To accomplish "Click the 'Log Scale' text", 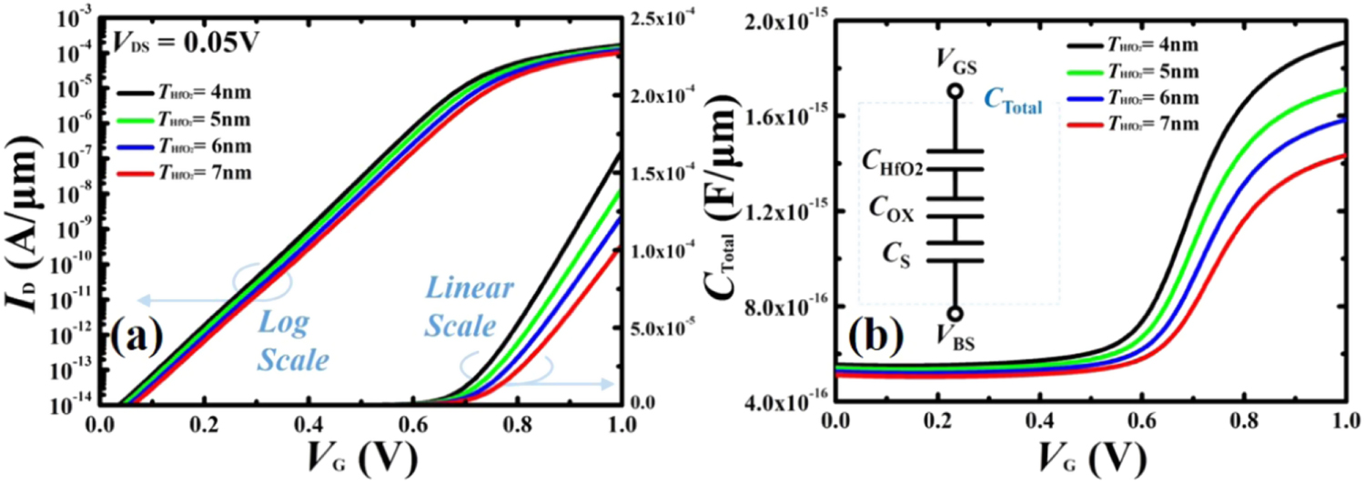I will click(x=289, y=341).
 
